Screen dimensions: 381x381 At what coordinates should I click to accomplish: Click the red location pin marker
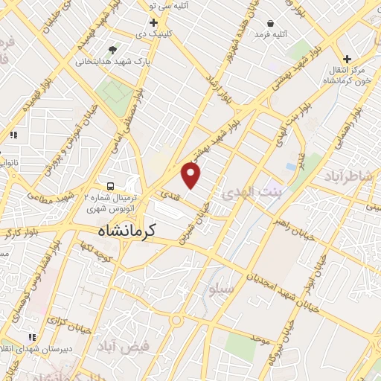(x=191, y=176)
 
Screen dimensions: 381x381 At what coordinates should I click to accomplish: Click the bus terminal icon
(x=110, y=185)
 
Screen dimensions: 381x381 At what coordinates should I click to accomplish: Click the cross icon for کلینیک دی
(x=153, y=23)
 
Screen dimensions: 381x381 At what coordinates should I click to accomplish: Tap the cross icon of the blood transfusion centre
(x=347, y=59)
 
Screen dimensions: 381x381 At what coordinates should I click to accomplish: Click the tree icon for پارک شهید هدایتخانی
(x=112, y=50)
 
